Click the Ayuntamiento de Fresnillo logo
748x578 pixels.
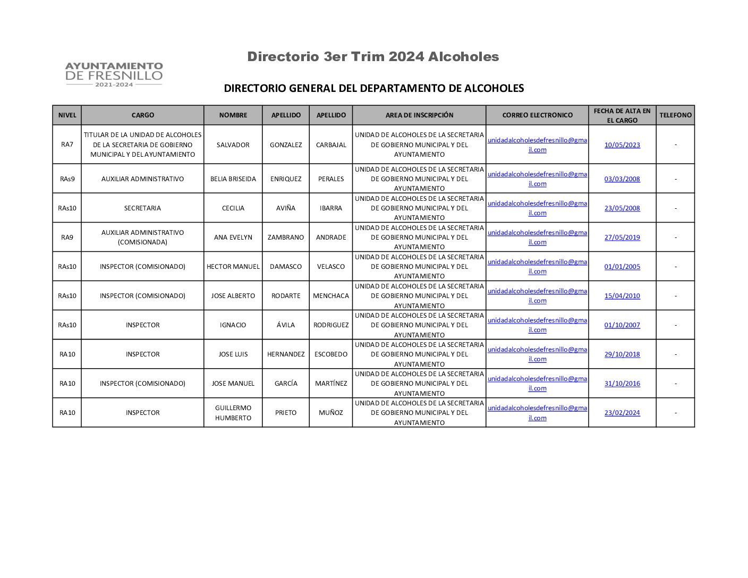114,74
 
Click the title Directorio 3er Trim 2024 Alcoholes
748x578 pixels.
373,57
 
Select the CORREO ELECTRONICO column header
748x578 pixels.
537,115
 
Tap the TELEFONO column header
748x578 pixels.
675,115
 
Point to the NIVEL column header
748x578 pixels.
67,115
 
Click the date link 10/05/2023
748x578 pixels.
622,145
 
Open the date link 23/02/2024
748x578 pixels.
622,413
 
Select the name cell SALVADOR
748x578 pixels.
233,145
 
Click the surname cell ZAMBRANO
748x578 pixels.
286,237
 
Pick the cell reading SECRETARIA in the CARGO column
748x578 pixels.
142,208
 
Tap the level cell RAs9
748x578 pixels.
67,179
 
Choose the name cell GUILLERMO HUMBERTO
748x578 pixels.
233,413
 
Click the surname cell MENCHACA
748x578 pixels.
331,296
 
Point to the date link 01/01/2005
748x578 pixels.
622,267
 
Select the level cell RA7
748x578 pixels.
67,145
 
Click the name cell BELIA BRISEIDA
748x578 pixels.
233,179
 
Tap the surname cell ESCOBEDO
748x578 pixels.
331,354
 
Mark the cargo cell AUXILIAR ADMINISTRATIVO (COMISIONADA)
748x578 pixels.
142,237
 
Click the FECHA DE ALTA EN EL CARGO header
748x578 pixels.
622,115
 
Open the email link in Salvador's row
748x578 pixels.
537,145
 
